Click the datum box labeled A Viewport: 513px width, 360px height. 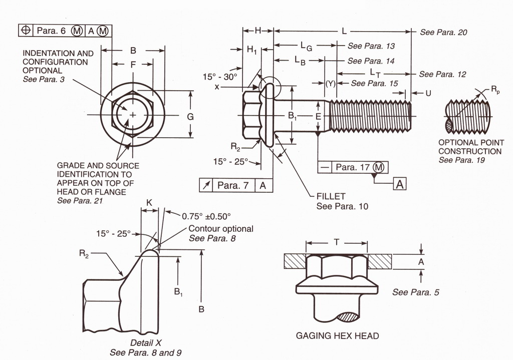(399, 184)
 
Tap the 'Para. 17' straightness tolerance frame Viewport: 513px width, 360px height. (353, 167)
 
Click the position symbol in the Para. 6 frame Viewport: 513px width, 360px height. (25, 31)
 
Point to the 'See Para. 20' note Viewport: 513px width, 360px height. (443, 32)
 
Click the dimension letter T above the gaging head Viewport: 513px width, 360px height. (337, 242)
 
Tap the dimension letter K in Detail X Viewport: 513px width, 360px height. (149, 202)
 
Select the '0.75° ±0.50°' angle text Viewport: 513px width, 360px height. (206, 216)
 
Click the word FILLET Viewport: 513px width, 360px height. (331, 196)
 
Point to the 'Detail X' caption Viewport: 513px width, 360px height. (145, 343)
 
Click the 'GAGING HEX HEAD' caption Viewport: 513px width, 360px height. (337, 335)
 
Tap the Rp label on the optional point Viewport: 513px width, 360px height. (495, 90)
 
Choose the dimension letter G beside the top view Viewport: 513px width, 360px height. (190, 116)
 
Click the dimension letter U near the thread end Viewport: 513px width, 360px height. (428, 93)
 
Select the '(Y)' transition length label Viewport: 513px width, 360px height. (330, 84)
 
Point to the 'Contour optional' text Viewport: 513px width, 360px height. (221, 229)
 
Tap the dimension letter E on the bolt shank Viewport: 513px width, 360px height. (318, 116)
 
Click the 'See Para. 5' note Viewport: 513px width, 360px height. (416, 292)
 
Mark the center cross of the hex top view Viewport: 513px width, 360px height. (132, 115)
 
